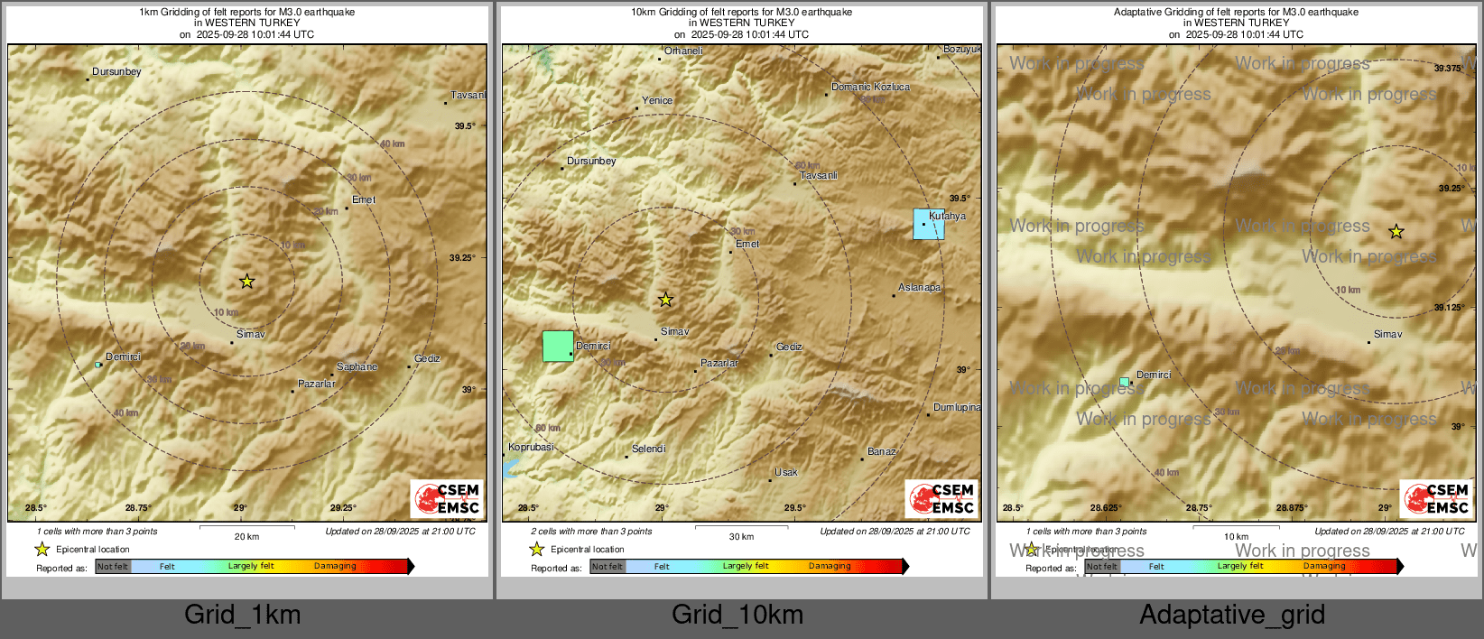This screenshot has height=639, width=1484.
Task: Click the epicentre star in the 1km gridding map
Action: [x=246, y=282]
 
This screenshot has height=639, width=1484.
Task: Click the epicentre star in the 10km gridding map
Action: [x=665, y=300]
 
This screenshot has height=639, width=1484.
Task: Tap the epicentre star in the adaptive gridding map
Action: [x=1396, y=232]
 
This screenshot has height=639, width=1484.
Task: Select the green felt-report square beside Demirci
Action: [x=558, y=347]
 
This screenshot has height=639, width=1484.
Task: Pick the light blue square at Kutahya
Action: [x=929, y=224]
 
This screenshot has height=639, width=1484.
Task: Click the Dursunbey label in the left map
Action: [x=116, y=72]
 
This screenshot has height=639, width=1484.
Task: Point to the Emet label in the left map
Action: [x=363, y=200]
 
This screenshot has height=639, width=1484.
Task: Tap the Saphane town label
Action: [x=357, y=367]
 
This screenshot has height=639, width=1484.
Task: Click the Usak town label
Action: [x=785, y=473]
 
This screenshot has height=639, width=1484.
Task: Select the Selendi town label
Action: [x=648, y=449]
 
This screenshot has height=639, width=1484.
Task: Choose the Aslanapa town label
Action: [x=919, y=288]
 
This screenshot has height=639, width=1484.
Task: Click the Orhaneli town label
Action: [x=683, y=51]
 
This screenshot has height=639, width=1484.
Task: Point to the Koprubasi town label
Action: [x=531, y=448]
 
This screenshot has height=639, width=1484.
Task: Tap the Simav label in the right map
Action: [x=1387, y=335]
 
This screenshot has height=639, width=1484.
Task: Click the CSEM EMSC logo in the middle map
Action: [x=941, y=498]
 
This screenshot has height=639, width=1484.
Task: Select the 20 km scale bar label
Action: [x=246, y=537]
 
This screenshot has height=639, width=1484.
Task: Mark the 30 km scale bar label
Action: [x=741, y=537]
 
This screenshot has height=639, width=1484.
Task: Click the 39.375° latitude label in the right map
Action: [x=1448, y=69]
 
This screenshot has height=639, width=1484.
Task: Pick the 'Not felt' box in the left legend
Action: [x=113, y=567]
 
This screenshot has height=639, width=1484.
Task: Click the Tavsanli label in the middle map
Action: [x=818, y=176]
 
